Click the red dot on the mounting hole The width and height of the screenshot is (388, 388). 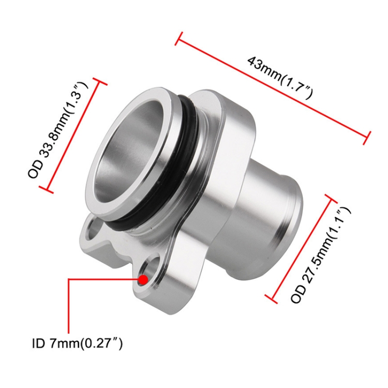pyautogui.click(x=143, y=279)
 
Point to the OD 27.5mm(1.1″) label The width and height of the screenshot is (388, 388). pyautogui.click(x=321, y=255)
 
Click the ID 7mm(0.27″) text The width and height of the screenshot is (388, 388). pyautogui.click(x=77, y=344)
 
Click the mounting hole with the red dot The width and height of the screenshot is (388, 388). pyautogui.click(x=149, y=272)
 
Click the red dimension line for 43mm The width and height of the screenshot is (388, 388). pyautogui.click(x=273, y=88)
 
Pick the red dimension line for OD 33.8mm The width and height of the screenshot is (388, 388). pyautogui.click(x=73, y=136)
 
